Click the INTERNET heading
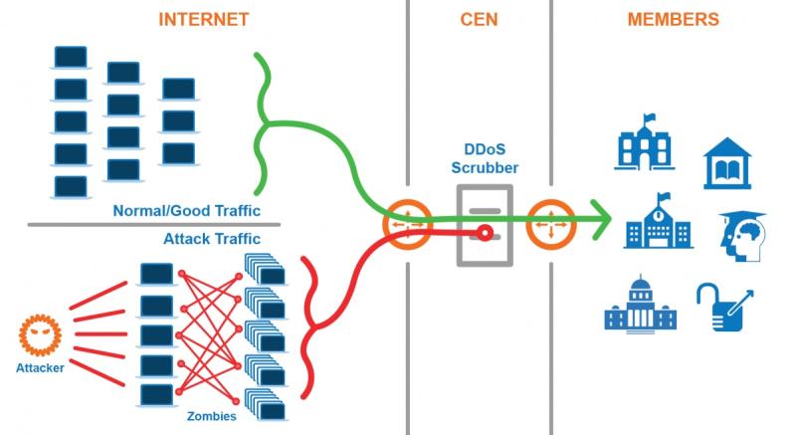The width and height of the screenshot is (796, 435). click(204, 19)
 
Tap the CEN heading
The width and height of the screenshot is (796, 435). click(479, 19)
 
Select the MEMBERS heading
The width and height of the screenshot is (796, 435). click(674, 19)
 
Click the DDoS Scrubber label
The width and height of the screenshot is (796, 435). click(485, 158)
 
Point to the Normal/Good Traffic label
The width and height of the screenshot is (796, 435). click(186, 211)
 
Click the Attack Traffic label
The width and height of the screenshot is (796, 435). click(212, 239)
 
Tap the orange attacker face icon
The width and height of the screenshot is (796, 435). click(40, 335)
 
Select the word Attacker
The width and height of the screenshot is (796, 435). click(40, 368)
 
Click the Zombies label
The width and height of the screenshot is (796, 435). click(212, 416)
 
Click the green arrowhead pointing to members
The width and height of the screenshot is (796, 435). click(603, 219)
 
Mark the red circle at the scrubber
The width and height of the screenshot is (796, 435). click(485, 233)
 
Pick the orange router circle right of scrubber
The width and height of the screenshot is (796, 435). click(551, 224)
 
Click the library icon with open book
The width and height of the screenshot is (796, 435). click(727, 163)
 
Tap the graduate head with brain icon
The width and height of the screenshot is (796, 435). click(742, 237)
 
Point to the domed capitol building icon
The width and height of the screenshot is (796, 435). click(640, 305)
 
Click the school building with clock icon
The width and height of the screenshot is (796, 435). click(659, 221)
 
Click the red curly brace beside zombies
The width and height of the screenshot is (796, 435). click(308, 327)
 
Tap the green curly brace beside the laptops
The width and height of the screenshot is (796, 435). click(264, 123)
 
